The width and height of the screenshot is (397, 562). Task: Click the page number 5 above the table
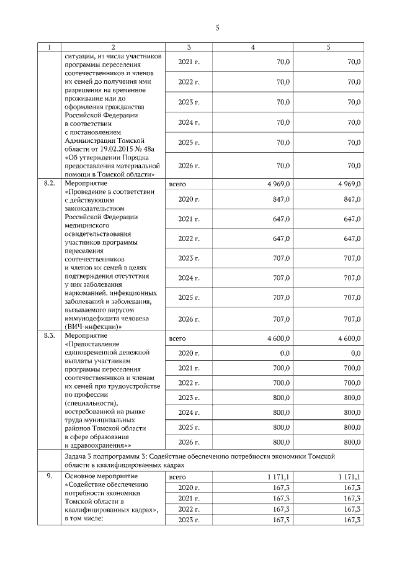pyautogui.click(x=218, y=27)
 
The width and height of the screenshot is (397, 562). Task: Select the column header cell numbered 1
pyautogui.click(x=50, y=47)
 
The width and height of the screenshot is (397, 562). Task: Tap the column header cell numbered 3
pyautogui.click(x=189, y=47)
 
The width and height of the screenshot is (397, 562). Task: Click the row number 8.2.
pyautogui.click(x=50, y=184)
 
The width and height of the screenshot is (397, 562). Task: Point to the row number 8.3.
pyautogui.click(x=50, y=336)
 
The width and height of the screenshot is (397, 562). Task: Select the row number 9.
pyautogui.click(x=48, y=476)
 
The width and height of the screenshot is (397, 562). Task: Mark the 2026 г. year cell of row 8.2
pyautogui.click(x=189, y=319)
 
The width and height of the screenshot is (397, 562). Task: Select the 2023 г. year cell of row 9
pyautogui.click(x=189, y=519)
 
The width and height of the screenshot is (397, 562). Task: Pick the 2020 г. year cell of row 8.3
pyautogui.click(x=189, y=353)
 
